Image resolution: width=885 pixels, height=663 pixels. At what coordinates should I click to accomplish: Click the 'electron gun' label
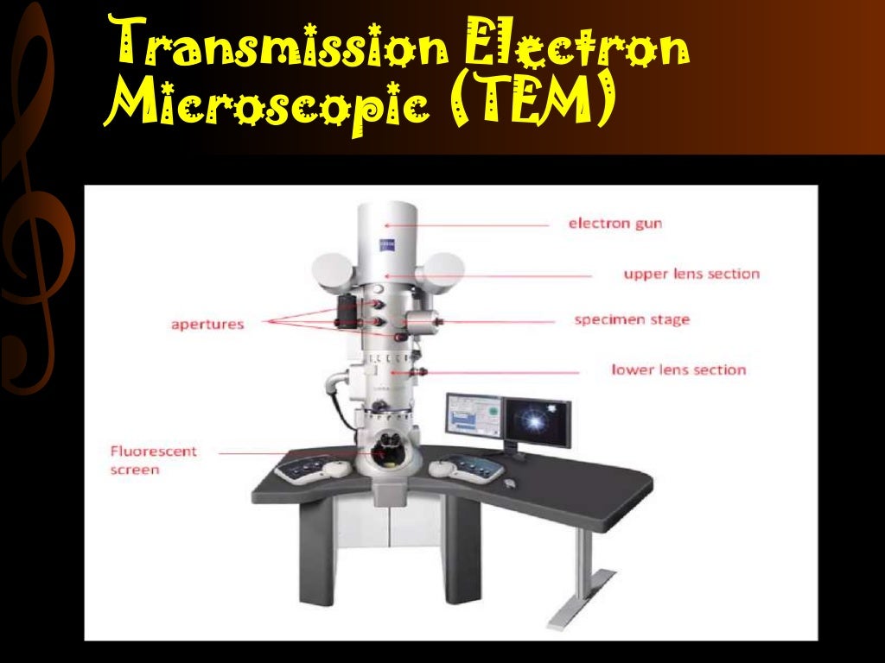(x=614, y=223)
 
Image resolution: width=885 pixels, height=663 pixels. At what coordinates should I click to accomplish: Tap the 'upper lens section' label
(x=691, y=274)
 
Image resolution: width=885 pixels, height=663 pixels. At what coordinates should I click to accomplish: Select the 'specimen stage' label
(x=632, y=319)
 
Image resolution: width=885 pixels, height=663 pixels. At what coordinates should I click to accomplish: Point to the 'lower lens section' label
(x=678, y=369)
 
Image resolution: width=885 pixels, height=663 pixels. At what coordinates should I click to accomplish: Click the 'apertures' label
(x=207, y=325)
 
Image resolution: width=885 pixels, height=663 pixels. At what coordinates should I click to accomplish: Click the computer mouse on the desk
(x=511, y=482)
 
